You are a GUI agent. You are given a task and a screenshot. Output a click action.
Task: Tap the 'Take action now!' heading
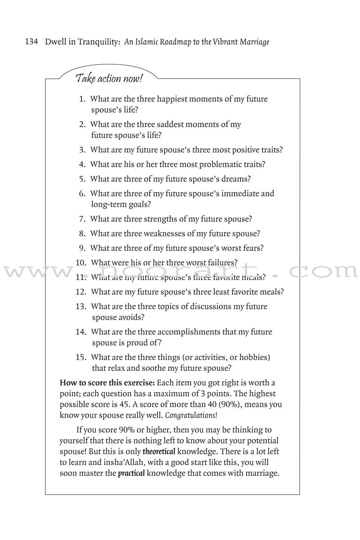[x=109, y=79]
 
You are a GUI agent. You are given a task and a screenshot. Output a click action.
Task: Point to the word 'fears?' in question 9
[x=252, y=248]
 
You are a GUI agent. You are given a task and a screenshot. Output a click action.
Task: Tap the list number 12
[x=81, y=292]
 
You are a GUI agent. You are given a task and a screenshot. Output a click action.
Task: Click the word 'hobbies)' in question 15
[x=254, y=357]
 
